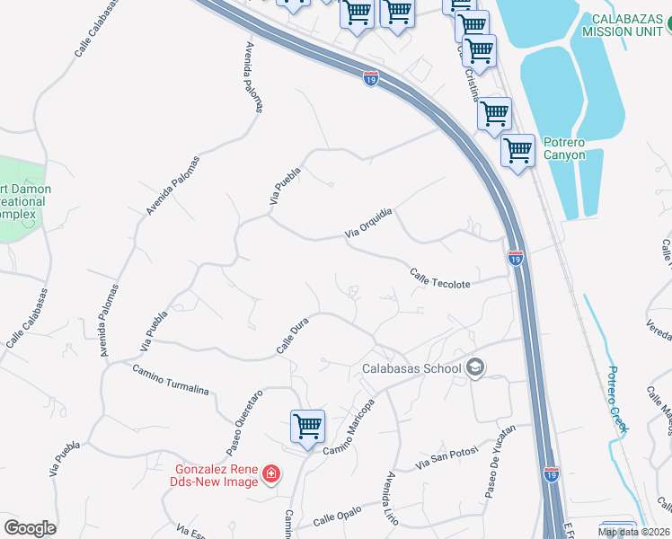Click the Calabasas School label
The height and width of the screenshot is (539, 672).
click(411, 368)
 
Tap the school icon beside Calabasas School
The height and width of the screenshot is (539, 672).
click(475, 367)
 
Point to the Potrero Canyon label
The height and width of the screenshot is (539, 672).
click(563, 148)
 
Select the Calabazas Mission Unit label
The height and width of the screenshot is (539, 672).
click(626, 25)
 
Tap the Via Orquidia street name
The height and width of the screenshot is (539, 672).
click(369, 224)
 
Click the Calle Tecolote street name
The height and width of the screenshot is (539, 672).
click(440, 278)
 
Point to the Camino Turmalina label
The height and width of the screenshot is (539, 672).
click(171, 381)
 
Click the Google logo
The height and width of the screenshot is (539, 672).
click(30, 528)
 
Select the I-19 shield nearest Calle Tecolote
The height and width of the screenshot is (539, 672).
click(515, 259)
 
